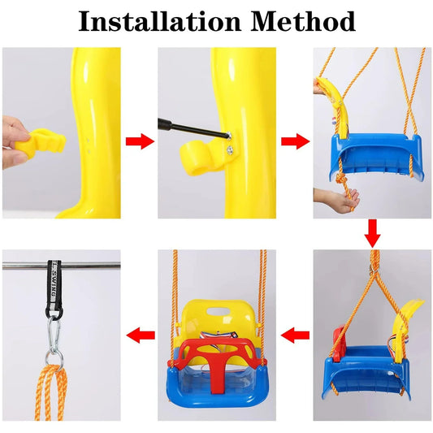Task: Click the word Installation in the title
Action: pyautogui.click(x=160, y=22)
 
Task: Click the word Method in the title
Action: pyautogui.click(x=303, y=22)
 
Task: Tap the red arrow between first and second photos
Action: pyautogui.click(x=140, y=141)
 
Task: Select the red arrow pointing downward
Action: pyautogui.click(x=372, y=234)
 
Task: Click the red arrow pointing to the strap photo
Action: pyautogui.click(x=141, y=336)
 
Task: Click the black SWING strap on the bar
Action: pyautogui.click(x=54, y=288)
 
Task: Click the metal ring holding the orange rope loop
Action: pyautogui.click(x=54, y=358)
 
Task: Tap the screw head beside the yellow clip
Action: pyautogui.click(x=229, y=150)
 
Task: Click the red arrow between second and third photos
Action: pyautogui.click(x=295, y=141)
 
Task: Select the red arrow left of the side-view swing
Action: pyautogui.click(x=295, y=336)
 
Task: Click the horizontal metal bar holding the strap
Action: pyautogui.click(x=61, y=266)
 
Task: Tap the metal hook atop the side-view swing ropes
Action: pyautogui.click(x=373, y=268)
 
